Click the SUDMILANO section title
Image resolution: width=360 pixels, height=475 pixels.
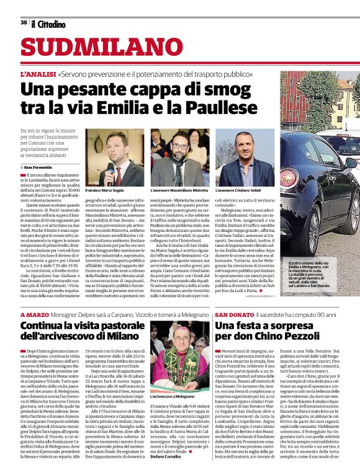click(93, 48)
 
